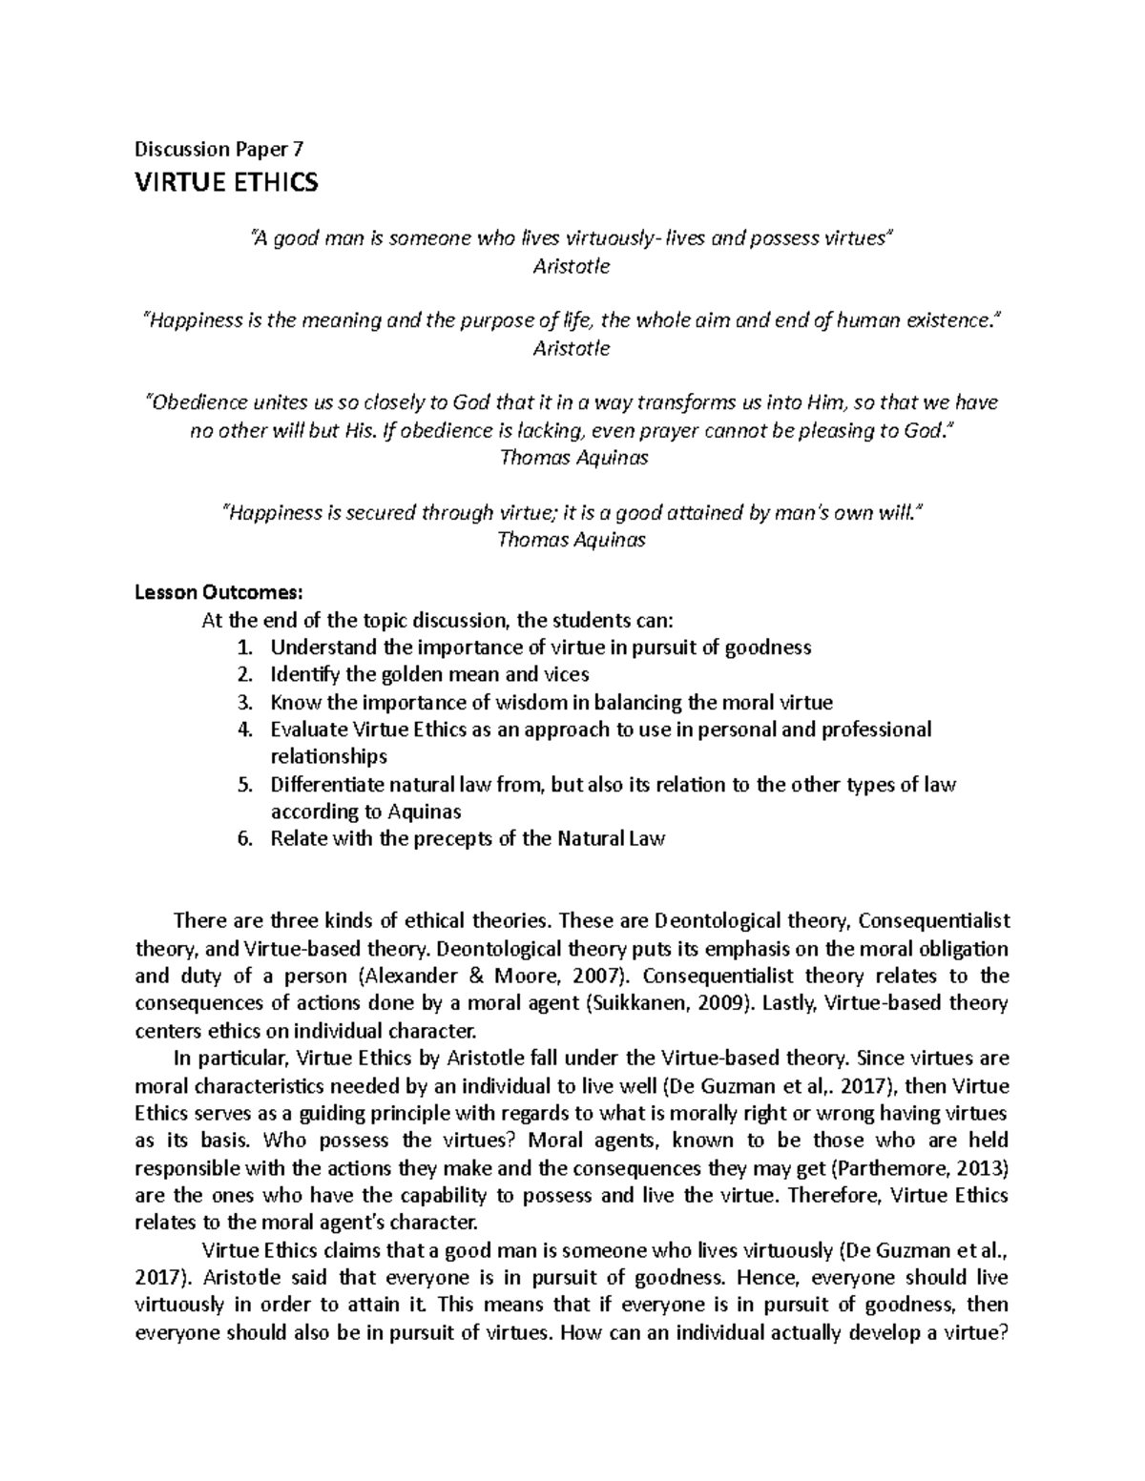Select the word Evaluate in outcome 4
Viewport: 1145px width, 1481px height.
[x=308, y=730]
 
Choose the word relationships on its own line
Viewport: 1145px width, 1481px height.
[x=328, y=757]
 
